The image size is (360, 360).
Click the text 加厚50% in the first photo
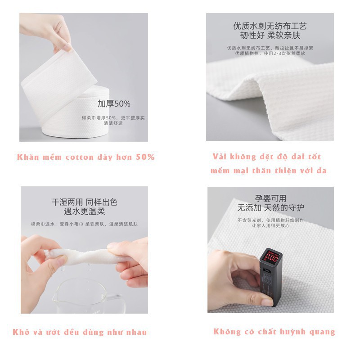point(114,104)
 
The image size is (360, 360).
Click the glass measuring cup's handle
point(113,300)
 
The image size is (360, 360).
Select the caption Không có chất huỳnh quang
point(274,332)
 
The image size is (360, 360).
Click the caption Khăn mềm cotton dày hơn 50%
point(86,157)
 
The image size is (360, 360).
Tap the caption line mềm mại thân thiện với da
point(268,171)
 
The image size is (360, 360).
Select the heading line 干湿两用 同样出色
point(85,202)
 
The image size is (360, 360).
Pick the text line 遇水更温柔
point(85,211)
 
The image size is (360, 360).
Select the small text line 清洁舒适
point(112,123)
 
